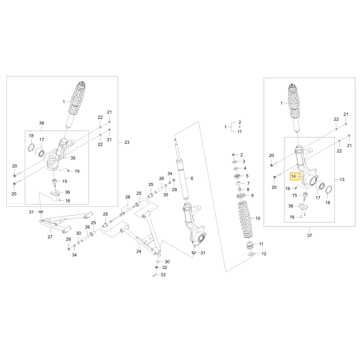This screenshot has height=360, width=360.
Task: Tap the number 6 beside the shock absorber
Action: point(192,178)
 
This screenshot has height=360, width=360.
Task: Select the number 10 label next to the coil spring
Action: point(258,219)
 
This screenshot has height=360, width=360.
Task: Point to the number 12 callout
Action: point(264,254)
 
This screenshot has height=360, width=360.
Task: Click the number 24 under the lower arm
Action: point(139,251)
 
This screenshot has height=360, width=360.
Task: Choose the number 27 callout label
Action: point(50,237)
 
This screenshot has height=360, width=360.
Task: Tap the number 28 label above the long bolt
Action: point(128,197)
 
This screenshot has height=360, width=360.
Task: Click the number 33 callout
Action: point(163,275)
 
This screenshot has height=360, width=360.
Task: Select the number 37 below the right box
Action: point(310,235)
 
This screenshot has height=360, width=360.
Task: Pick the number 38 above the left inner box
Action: point(41,123)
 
